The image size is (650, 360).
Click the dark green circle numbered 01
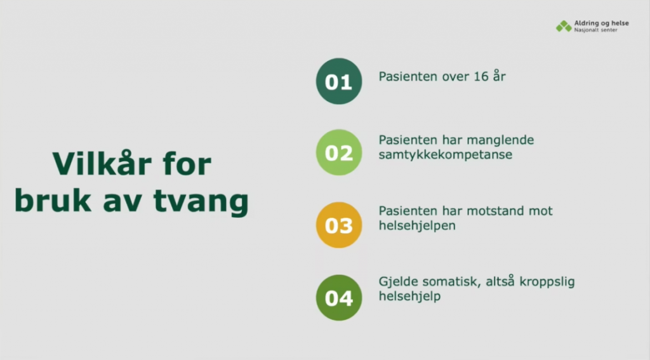click(339, 81)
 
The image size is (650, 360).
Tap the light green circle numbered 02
click(339, 152)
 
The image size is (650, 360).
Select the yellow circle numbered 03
click(339, 225)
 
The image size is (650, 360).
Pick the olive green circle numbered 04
click(339, 298)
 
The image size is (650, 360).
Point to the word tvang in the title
click(201, 201)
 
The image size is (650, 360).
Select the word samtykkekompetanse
click(446, 155)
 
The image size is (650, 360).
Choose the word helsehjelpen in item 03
click(417, 226)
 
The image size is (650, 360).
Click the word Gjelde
click(398, 282)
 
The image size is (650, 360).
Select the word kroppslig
click(547, 282)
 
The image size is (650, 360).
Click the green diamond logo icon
click(564, 26)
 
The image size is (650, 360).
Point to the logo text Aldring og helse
click(602, 23)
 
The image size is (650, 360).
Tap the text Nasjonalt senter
click(595, 30)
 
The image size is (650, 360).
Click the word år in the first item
click(500, 76)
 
